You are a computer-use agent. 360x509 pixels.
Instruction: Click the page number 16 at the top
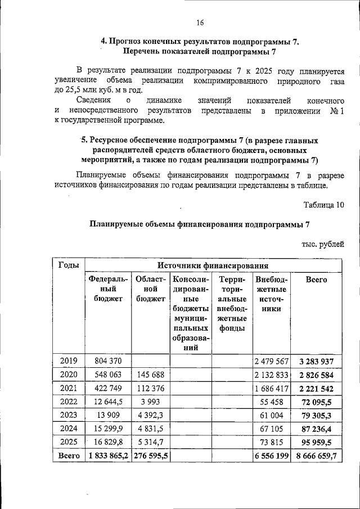[200, 22]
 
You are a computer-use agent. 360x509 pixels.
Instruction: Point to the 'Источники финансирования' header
[212, 265]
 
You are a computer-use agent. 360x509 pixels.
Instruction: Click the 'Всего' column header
[316, 279]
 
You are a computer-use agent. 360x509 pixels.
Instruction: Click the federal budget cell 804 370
[108, 361]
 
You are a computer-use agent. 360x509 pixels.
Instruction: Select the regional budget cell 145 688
[150, 375]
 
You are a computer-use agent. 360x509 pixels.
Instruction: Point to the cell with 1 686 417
[271, 389]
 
